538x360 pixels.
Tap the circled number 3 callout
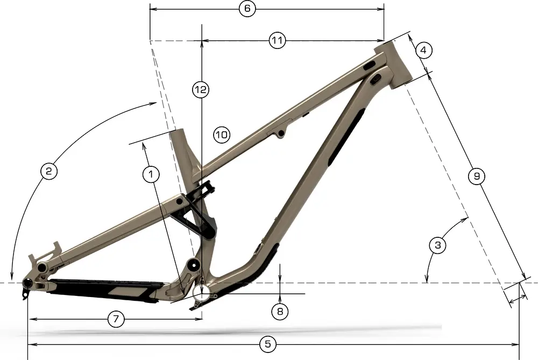pyautogui.click(x=438, y=245)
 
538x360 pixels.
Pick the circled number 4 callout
pyautogui.click(x=424, y=51)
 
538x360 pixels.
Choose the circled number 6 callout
pyautogui.click(x=247, y=9)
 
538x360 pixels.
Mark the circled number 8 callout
pyautogui.click(x=280, y=310)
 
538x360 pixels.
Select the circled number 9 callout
pyautogui.click(x=476, y=176)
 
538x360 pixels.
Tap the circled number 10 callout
pyautogui.click(x=221, y=134)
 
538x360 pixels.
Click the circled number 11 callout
pyautogui.click(x=277, y=41)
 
